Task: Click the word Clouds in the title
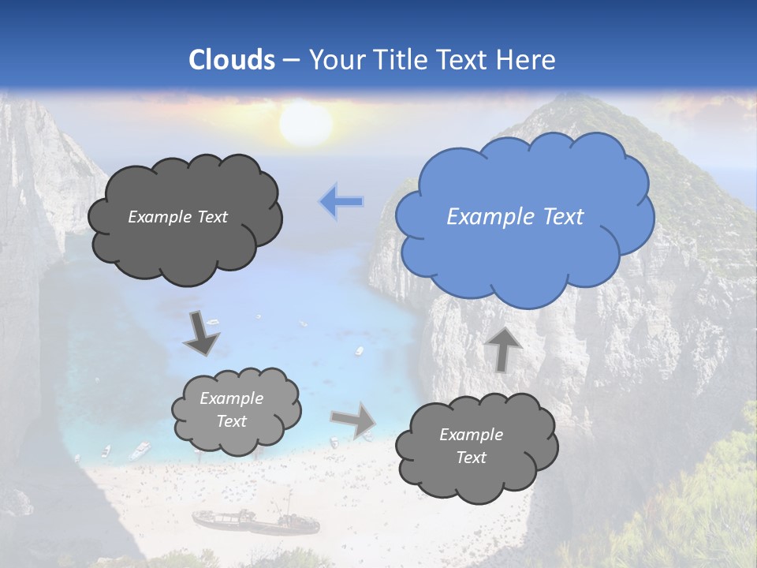tap(232, 60)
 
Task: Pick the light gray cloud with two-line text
tap(236, 410)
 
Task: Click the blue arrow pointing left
tap(341, 202)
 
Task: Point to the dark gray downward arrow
tap(201, 334)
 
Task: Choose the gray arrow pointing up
tap(502, 349)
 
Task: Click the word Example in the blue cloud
tap(482, 216)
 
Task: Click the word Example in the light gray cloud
tap(232, 398)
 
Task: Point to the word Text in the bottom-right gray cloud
tap(471, 458)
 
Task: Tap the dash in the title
tap(290, 60)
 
